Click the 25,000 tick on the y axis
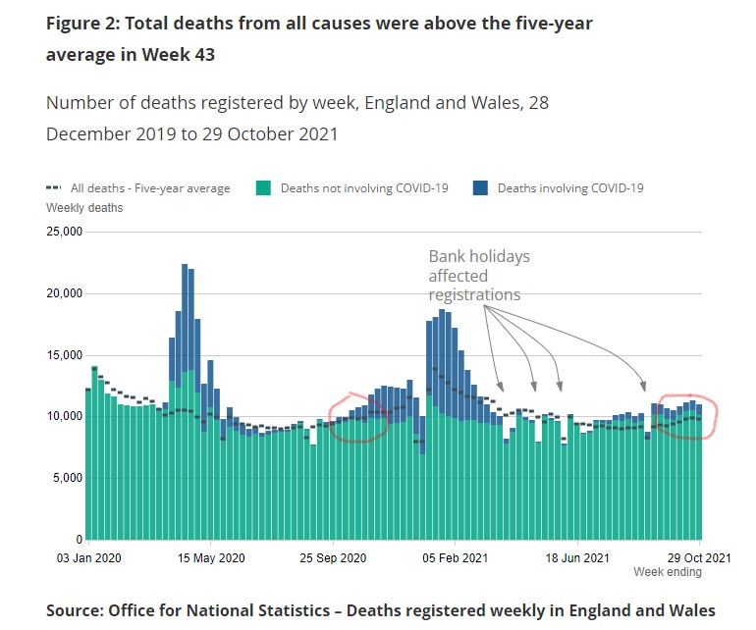(63, 233)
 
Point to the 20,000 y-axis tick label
(63, 294)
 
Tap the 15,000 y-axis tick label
(63, 356)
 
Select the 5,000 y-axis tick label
(66, 479)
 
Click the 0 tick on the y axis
(78, 541)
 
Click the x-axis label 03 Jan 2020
(87, 559)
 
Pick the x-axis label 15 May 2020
(210, 559)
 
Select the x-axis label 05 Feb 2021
(455, 559)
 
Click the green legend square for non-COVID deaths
(263, 188)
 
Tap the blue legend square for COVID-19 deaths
(481, 188)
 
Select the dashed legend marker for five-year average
(55, 188)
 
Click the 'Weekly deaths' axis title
(84, 208)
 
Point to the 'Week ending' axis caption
(668, 573)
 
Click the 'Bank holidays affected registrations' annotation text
(478, 275)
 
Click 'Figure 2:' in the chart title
(84, 23)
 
